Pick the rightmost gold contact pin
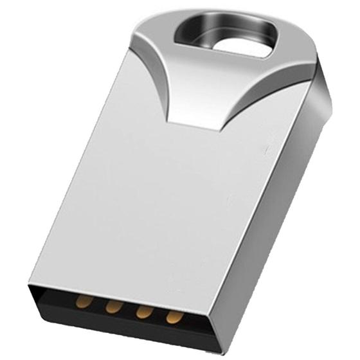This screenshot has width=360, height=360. pos(172,316)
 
